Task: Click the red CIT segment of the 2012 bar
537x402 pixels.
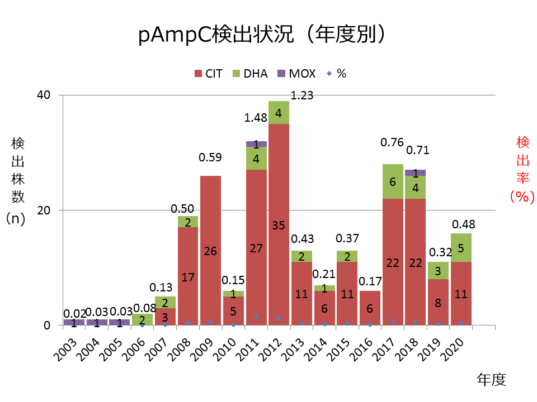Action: coord(279,223)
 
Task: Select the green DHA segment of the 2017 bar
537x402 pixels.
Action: coord(393,181)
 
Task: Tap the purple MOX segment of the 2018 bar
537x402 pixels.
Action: coord(416,173)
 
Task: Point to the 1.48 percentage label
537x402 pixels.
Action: coord(256,118)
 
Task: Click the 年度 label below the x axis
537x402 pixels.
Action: coord(491,380)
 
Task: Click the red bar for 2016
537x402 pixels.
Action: coord(370,308)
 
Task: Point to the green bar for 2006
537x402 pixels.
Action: coord(142,319)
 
